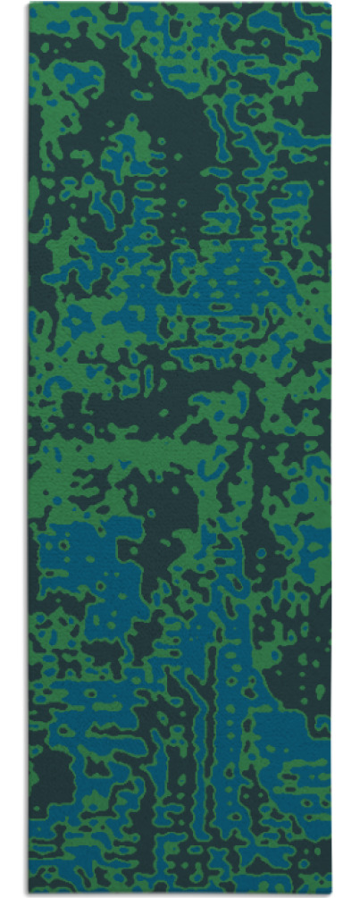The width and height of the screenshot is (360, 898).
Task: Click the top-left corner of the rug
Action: pos(29,4)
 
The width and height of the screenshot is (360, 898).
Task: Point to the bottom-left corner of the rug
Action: pos(29,894)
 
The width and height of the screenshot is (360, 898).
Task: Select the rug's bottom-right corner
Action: pos(331,894)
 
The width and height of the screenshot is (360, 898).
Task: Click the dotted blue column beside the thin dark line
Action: pos(223,715)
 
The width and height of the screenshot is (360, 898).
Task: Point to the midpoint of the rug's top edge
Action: pos(180,4)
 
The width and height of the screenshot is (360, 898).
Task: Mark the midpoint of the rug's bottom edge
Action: pos(180,894)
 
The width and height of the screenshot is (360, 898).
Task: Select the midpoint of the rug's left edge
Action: pos(29,449)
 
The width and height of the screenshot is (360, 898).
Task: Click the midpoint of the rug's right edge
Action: pos(331,449)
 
